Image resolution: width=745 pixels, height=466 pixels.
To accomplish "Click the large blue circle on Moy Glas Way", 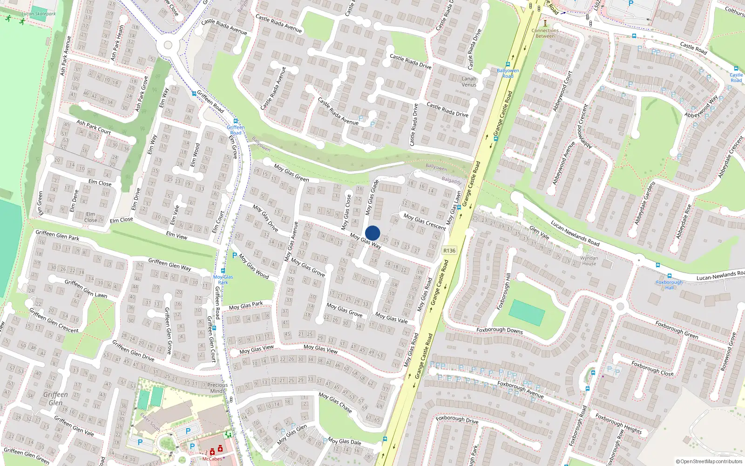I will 372,233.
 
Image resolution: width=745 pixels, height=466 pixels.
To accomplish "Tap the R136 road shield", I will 449,251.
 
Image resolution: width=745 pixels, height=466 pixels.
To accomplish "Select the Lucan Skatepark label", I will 39,14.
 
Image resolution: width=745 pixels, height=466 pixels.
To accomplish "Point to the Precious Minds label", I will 217,388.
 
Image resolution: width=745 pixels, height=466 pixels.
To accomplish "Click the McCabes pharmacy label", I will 212,459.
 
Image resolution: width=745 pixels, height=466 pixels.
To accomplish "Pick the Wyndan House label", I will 589,260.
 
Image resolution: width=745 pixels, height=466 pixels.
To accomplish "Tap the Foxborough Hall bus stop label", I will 669,285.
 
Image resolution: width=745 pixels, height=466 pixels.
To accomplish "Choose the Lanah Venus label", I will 469,82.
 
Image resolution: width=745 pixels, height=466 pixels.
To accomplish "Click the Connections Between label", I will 545,33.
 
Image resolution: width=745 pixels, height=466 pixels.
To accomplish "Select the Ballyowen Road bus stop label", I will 508,73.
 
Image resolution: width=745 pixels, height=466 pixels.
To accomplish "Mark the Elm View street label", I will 177,236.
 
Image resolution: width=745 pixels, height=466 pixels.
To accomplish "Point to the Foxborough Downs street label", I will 500,330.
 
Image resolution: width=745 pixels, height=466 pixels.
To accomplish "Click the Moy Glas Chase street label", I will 335,402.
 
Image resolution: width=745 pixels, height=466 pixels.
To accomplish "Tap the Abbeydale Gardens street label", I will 645,203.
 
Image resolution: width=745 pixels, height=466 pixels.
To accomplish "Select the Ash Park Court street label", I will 94,127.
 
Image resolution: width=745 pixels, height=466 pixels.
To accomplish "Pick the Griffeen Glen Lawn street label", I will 86,288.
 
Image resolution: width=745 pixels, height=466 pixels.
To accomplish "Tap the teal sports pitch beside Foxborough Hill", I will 527,312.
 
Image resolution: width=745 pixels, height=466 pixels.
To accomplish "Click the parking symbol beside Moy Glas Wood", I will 235,255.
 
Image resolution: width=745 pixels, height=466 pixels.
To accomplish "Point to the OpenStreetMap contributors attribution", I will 709,461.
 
